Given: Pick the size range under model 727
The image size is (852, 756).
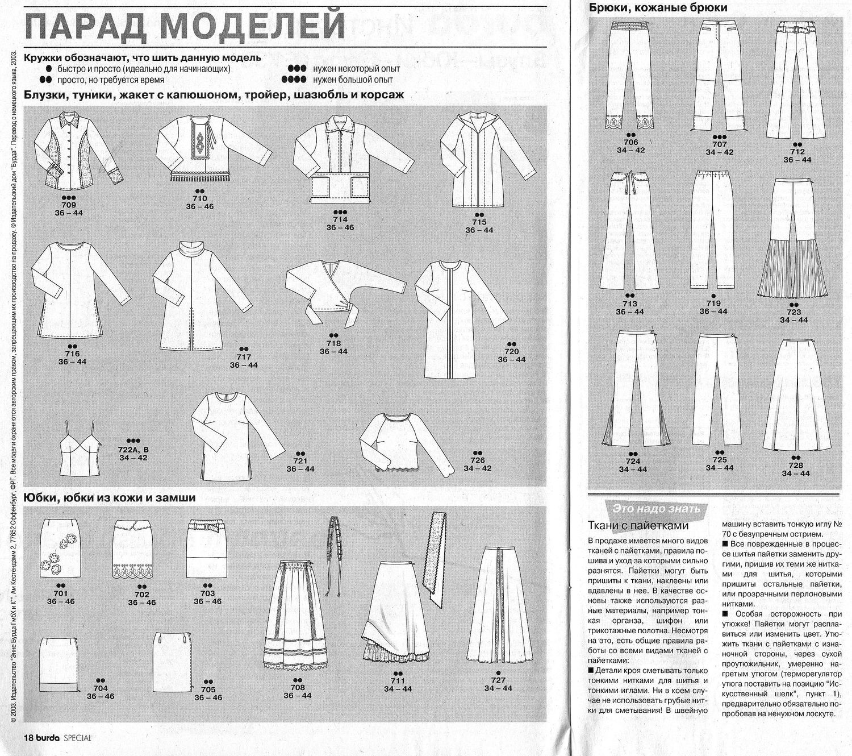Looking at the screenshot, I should (498, 688).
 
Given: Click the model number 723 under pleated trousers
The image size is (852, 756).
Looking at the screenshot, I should (793, 311).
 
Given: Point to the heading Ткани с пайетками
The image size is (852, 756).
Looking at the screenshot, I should (638, 525).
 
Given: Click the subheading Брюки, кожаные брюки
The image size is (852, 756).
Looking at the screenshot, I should (658, 8).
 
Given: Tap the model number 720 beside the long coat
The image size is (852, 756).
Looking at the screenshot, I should (512, 351).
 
